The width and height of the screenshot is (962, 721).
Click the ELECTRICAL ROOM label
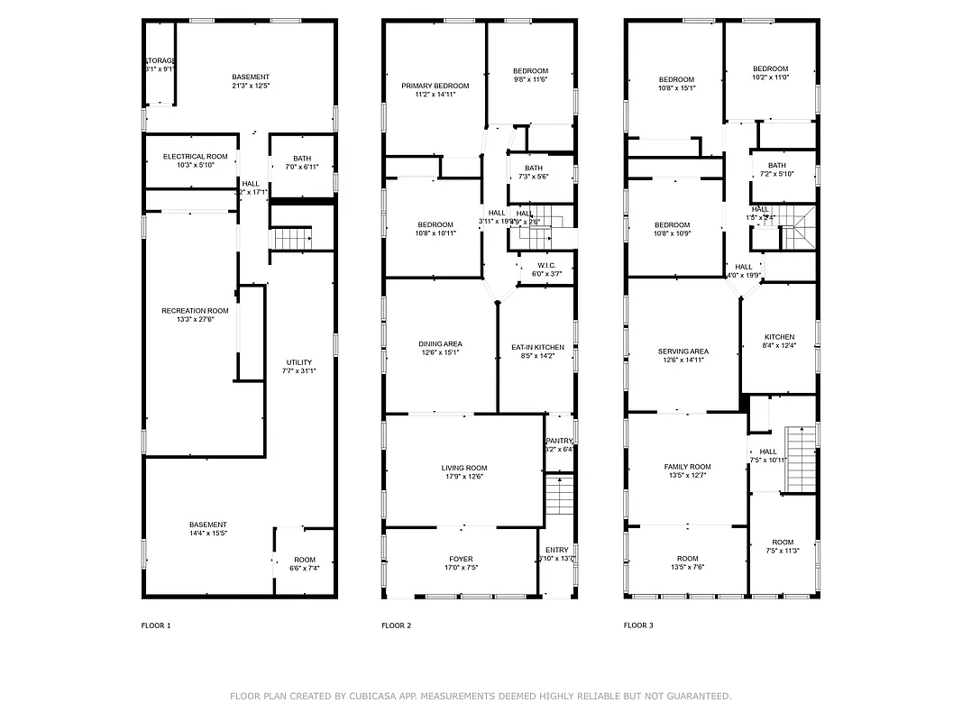[x=196, y=156]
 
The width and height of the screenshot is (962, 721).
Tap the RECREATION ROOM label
[x=195, y=311]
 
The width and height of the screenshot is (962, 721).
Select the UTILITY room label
[x=298, y=362]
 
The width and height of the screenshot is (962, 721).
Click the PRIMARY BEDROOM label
[x=435, y=86]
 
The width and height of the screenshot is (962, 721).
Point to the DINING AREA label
[x=440, y=343]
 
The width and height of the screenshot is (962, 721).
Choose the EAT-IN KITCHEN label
[x=537, y=347]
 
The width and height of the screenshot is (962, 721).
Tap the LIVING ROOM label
[x=464, y=468]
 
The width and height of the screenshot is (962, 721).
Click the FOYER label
[x=461, y=559]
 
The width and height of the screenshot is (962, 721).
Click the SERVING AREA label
[x=683, y=351]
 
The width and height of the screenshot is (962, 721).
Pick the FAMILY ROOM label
[x=687, y=467]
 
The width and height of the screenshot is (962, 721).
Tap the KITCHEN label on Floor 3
[x=779, y=337]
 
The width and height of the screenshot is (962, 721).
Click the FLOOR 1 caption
[x=156, y=625]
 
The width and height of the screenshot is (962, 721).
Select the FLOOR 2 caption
[x=396, y=625]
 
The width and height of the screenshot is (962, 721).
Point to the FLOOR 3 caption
[x=638, y=625]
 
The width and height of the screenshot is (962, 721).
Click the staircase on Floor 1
[x=290, y=239]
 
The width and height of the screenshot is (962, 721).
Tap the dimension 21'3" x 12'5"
[x=250, y=86]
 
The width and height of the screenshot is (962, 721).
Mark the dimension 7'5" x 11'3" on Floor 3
[x=783, y=551]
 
